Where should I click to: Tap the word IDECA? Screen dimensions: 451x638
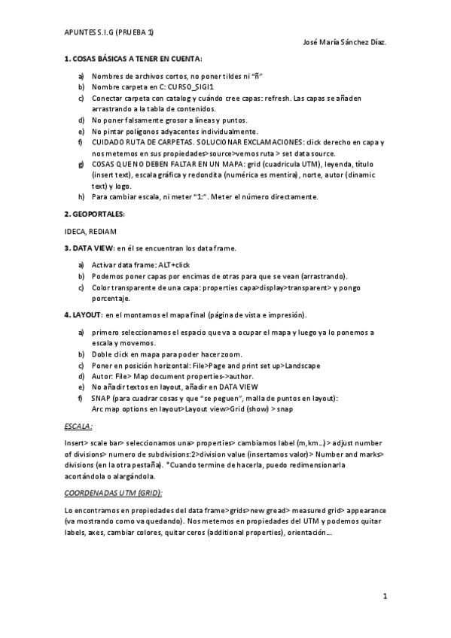click(75, 231)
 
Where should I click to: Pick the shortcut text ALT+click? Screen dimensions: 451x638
click(176, 266)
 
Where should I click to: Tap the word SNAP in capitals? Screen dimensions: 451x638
click(102, 397)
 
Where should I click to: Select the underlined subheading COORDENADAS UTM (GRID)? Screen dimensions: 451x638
click(114, 493)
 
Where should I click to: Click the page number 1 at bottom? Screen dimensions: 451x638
click(384, 597)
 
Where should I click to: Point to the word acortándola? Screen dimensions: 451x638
click(88, 476)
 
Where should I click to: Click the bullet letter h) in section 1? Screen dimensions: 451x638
click(81, 197)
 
